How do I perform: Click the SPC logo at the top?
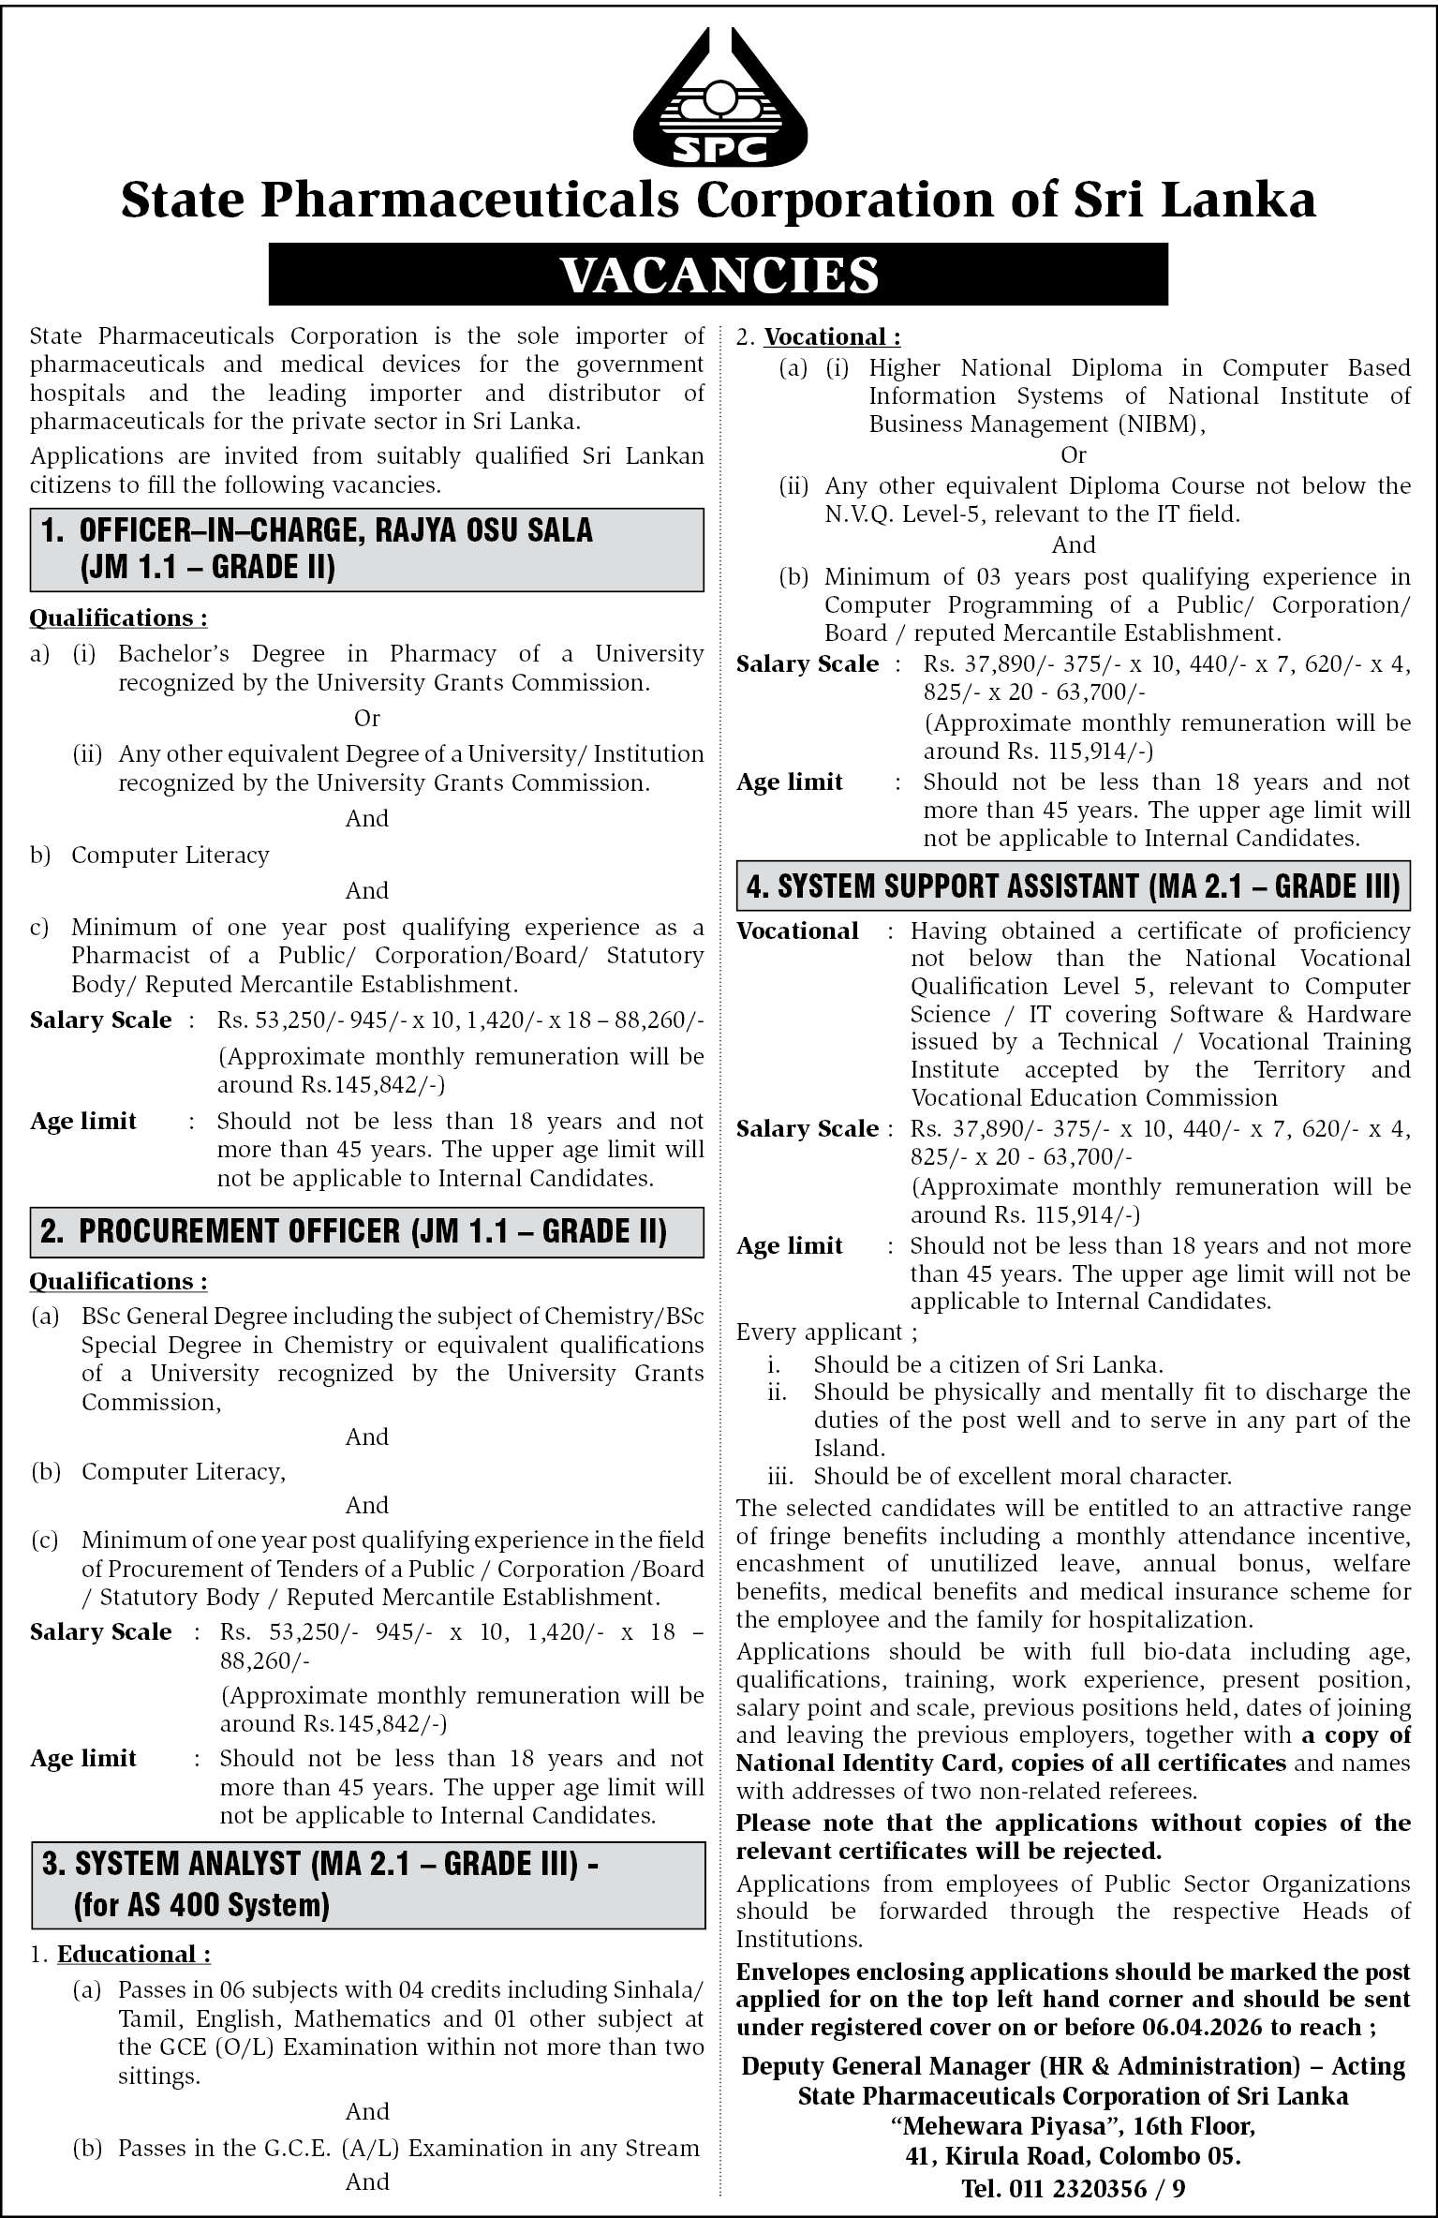719,98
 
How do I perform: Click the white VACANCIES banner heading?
719,275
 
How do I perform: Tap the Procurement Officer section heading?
366,1231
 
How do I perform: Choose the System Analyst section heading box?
366,1883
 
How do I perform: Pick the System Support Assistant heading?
1073,886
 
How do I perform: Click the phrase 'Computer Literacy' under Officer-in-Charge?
170,855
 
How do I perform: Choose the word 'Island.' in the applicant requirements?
849,1449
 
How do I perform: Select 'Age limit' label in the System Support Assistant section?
790,1245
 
